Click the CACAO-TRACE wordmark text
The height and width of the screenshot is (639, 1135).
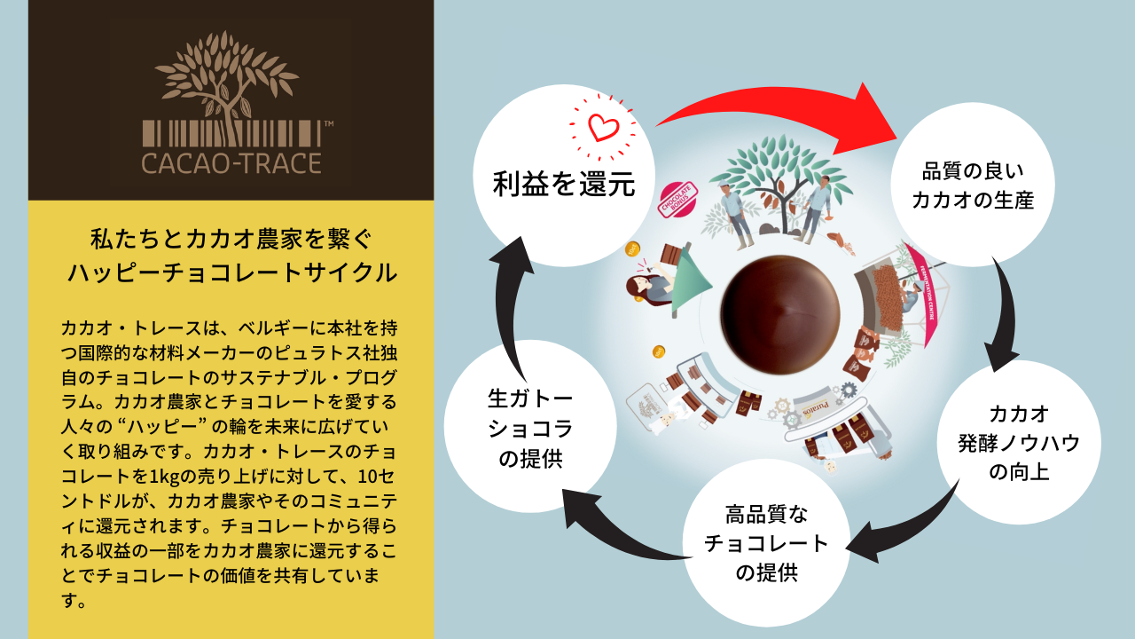point(231,163)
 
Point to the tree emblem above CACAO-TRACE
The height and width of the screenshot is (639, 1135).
point(229,84)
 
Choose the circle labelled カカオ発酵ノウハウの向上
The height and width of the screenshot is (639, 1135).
point(1019,442)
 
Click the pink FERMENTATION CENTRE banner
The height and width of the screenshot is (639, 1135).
point(922,293)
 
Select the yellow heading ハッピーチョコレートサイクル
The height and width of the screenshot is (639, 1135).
point(231,272)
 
